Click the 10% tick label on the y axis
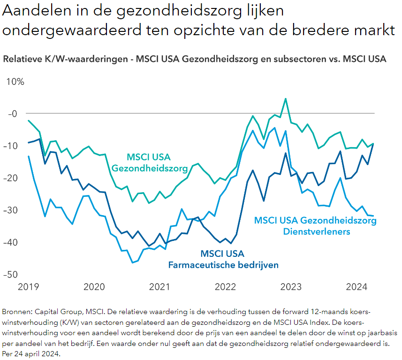click(x=15, y=82)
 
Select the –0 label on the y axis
click(x=13, y=113)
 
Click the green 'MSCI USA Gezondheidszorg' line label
click(x=149, y=162)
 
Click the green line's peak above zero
click(x=285, y=99)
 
